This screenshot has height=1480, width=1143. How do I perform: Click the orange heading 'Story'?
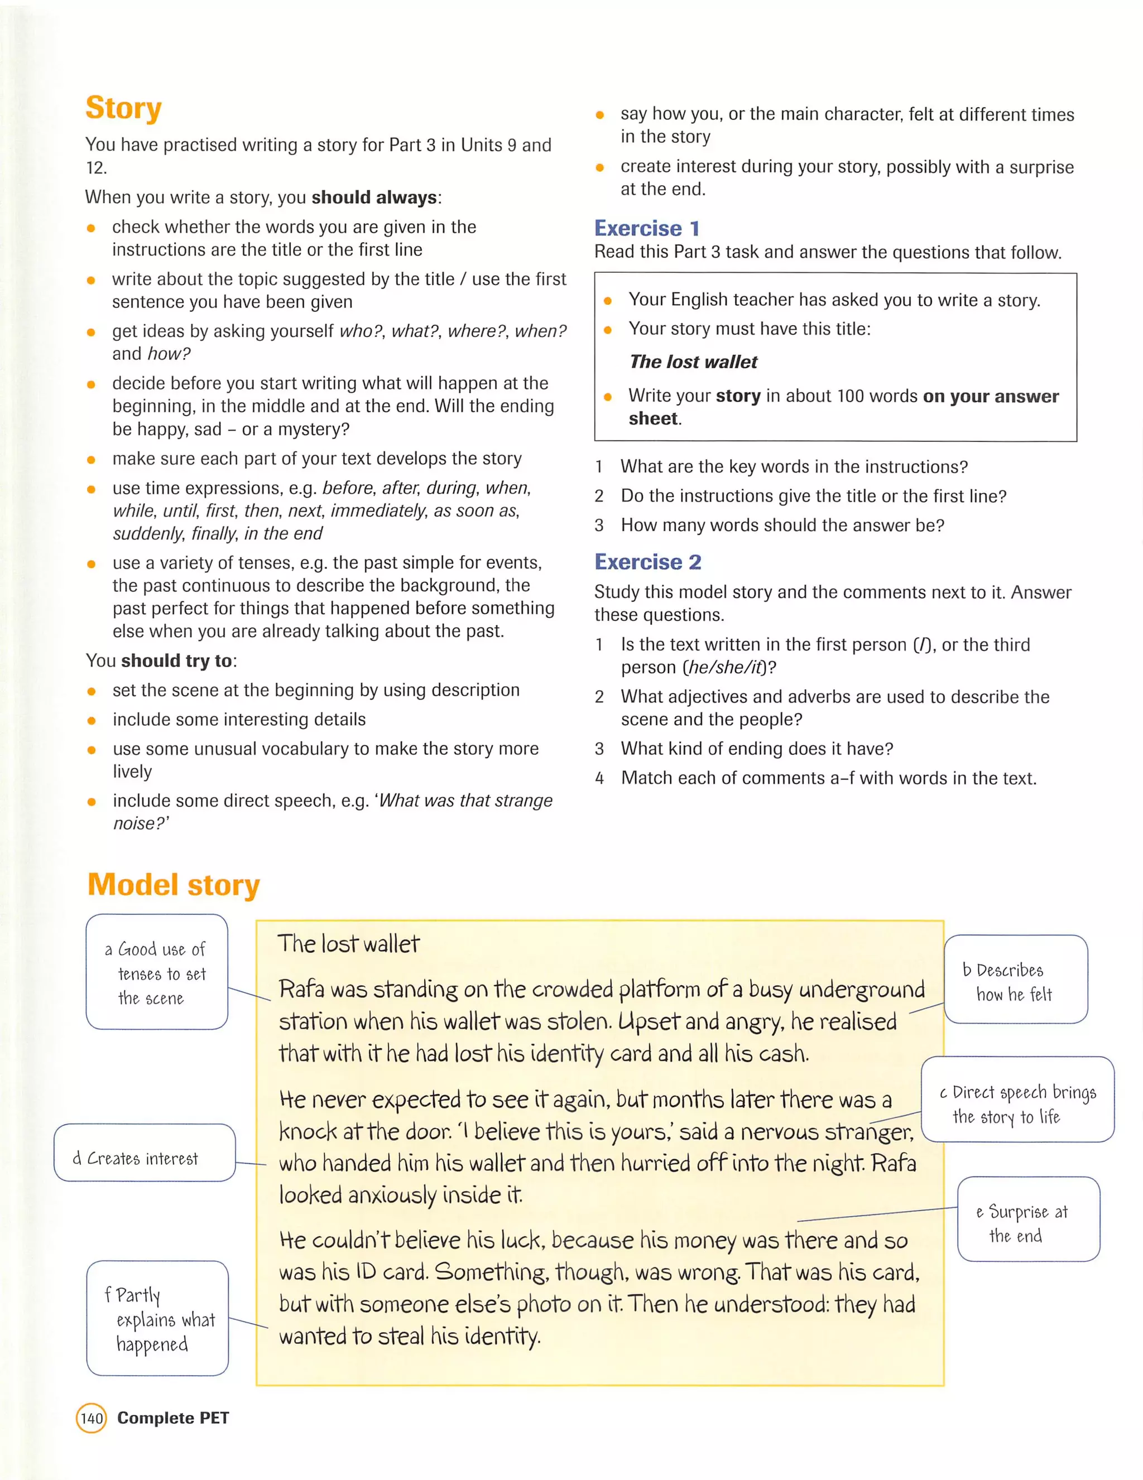click(123, 108)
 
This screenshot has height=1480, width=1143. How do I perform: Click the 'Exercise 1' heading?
click(647, 228)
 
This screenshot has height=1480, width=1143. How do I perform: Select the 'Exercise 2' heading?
click(647, 561)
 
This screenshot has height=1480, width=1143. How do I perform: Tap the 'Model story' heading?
click(174, 885)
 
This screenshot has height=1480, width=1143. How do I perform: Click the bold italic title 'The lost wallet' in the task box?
click(693, 362)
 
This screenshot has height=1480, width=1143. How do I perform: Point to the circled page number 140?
click(92, 1418)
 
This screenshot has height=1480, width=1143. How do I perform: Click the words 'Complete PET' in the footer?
click(173, 1418)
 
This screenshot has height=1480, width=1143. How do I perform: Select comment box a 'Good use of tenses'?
click(157, 972)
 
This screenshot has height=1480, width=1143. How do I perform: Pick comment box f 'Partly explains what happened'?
click(157, 1319)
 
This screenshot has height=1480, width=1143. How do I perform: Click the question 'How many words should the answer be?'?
click(782, 525)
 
